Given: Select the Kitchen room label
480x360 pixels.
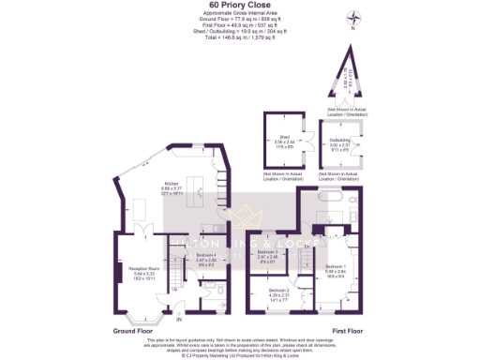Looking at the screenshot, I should click(x=171, y=187).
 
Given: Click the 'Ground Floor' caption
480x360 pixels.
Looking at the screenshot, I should click(x=135, y=331).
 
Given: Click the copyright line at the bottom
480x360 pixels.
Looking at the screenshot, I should click(x=240, y=356).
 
